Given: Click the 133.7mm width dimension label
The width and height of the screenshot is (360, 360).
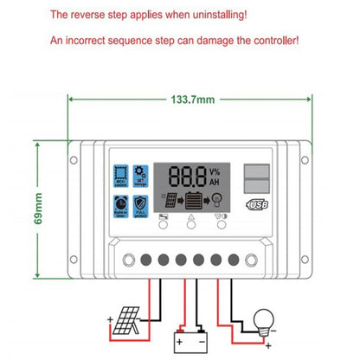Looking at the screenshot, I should [191, 100].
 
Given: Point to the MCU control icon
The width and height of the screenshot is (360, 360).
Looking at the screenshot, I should [119, 176].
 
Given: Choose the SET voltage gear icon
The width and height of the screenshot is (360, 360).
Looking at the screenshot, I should [143, 176].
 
